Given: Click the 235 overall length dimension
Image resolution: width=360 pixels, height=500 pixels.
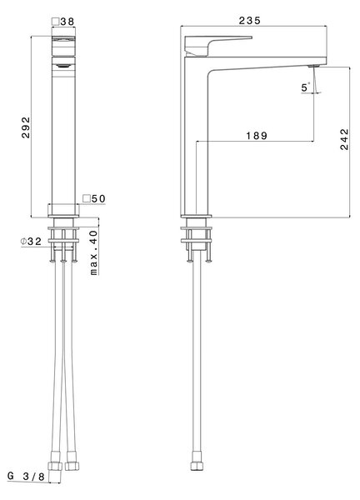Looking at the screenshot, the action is (250, 20).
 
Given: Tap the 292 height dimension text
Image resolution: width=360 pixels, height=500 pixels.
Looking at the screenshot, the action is (26, 127).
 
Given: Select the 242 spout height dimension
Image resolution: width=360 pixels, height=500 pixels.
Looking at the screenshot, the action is (345, 139).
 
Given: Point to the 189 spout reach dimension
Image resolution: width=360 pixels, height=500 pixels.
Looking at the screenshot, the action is (257, 136).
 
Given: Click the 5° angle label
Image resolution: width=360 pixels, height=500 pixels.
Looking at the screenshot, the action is (306, 87).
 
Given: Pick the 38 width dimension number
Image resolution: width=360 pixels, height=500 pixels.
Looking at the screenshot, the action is (67, 22).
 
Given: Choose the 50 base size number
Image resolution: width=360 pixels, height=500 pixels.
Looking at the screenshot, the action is (98, 198).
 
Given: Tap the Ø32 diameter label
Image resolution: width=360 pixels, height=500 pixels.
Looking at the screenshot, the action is (31, 242).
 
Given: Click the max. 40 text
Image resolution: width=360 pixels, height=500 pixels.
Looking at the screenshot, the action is (93, 252).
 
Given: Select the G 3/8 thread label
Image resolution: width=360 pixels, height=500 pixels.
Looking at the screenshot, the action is (27, 477).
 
